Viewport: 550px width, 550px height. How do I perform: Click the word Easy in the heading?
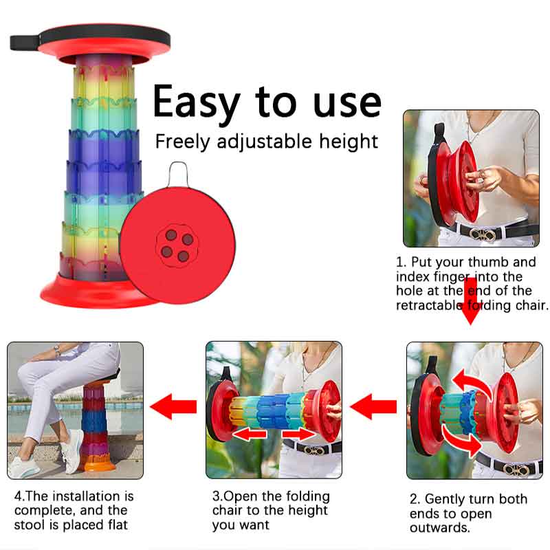tap(197, 102)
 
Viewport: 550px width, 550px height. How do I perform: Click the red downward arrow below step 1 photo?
tap(471, 300)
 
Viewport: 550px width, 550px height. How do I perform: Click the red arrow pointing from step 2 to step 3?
tap(375, 407)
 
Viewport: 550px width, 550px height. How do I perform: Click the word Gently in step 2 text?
tap(446, 499)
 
